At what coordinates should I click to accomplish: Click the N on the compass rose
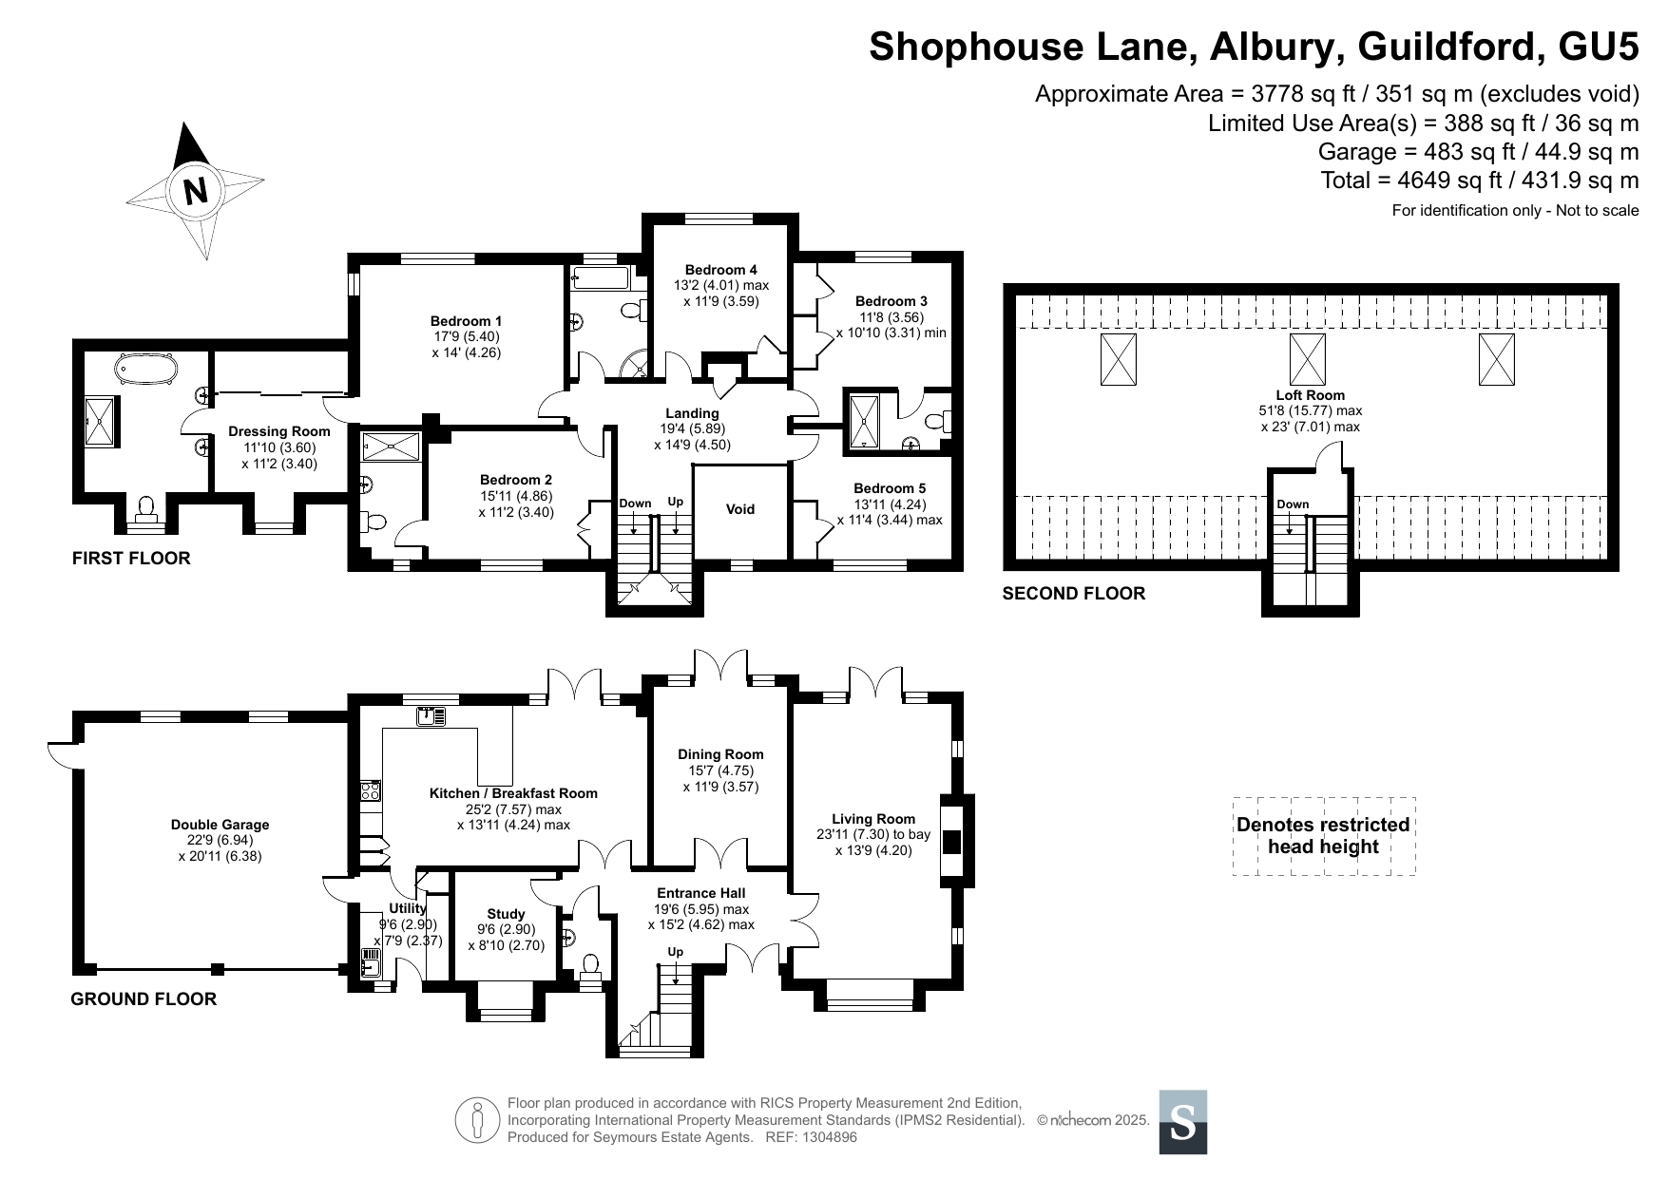coord(196,192)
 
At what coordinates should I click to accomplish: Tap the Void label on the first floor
coord(740,509)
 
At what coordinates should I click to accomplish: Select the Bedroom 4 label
coord(721,270)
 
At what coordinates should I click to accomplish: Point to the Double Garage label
coord(220,825)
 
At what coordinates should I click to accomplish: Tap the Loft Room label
coord(1311,395)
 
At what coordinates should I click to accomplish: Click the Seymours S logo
coord(1183,1122)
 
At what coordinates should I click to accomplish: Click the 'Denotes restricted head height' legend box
coord(1324,836)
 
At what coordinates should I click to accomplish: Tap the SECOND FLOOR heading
coord(1074,594)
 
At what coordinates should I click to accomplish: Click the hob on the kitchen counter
coord(371,791)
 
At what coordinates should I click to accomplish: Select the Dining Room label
coord(720,754)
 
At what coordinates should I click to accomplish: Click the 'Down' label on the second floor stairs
coord(1293,504)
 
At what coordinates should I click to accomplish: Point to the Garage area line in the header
coord(1478,152)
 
